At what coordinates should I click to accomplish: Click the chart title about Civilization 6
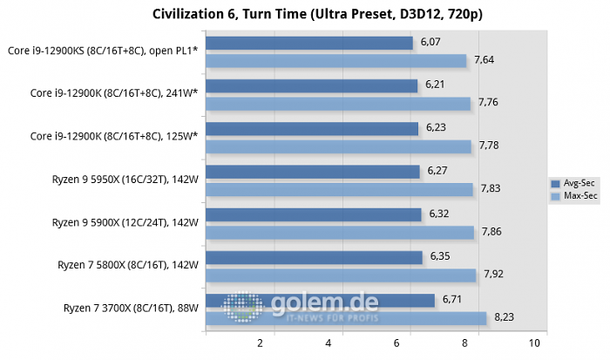305,14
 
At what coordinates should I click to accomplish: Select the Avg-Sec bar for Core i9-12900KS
308,43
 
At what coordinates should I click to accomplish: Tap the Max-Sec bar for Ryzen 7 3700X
345,318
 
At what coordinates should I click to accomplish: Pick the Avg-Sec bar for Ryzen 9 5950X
312,172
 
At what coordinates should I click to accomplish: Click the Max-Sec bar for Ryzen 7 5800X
340,275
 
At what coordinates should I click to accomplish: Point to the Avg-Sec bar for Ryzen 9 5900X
313,214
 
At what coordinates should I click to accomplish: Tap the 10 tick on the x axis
546,343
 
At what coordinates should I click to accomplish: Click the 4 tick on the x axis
328,343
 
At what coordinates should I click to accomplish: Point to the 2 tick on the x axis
261,343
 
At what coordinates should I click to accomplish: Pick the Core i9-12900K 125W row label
114,136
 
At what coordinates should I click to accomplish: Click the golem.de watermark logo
301,307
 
